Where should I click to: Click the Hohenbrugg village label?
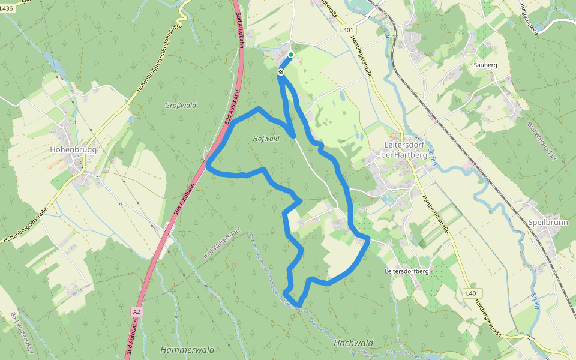[x=74, y=149]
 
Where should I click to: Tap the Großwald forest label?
[x=181, y=106]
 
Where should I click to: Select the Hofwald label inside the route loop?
[x=267, y=139]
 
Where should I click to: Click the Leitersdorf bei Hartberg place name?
[x=405, y=150]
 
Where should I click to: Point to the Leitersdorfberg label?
[x=406, y=271]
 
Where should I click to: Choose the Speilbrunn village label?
[x=544, y=221]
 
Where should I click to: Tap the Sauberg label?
[x=485, y=64]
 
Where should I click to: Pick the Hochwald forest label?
[x=353, y=343]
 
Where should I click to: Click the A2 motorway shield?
[x=137, y=311]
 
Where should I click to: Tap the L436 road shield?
[x=7, y=8]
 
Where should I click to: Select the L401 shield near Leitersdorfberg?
[x=473, y=293]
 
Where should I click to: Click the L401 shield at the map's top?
[x=347, y=29]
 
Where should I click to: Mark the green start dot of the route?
[x=291, y=55]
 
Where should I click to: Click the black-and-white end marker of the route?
[x=281, y=72]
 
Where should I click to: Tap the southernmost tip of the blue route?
[x=299, y=307]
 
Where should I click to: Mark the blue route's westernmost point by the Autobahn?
[x=208, y=163]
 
